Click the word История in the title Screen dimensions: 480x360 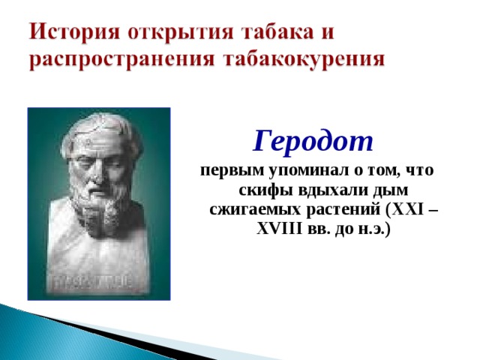click(74, 31)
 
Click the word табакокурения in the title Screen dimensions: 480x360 click(303, 58)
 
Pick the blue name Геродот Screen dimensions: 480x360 click(313, 141)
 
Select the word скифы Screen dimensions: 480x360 click(265, 190)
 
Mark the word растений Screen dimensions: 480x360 click(343, 210)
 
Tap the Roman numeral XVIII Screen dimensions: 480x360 click(279, 228)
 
